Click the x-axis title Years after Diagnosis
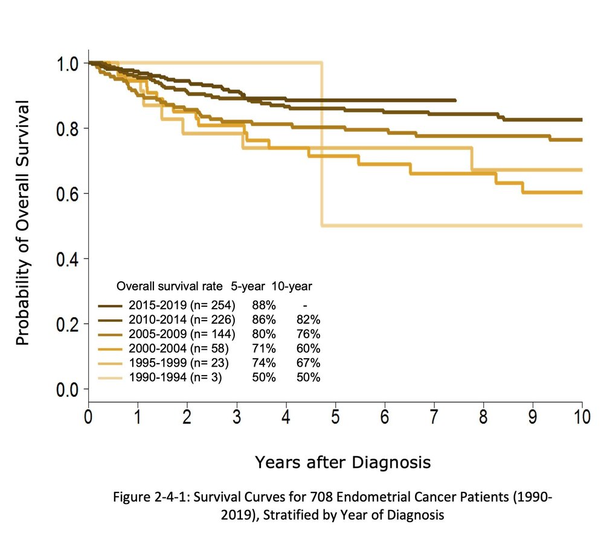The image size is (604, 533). point(342,463)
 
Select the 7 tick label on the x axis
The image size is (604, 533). point(434,418)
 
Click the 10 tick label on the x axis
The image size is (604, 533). point(580,418)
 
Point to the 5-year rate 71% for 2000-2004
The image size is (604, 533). point(264,349)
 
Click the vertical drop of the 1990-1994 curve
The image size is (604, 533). point(322,145)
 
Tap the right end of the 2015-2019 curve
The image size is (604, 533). point(455,100)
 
